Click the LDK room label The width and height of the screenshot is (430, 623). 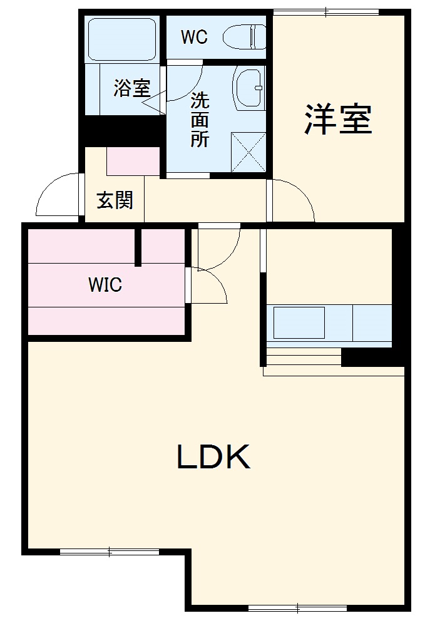point(213,458)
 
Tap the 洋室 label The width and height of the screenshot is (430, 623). point(339,118)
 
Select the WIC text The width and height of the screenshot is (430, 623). point(105,286)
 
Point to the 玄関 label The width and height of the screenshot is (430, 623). point(115,200)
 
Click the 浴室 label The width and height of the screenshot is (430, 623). point(131,88)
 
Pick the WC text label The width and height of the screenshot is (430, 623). point(194,38)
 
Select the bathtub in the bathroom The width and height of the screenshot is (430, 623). point(122,39)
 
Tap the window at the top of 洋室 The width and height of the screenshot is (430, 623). point(326,11)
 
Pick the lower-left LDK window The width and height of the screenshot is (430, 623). point(110,552)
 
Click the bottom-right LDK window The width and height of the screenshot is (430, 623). point(297,607)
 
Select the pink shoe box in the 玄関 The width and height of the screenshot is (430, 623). point(133,162)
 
